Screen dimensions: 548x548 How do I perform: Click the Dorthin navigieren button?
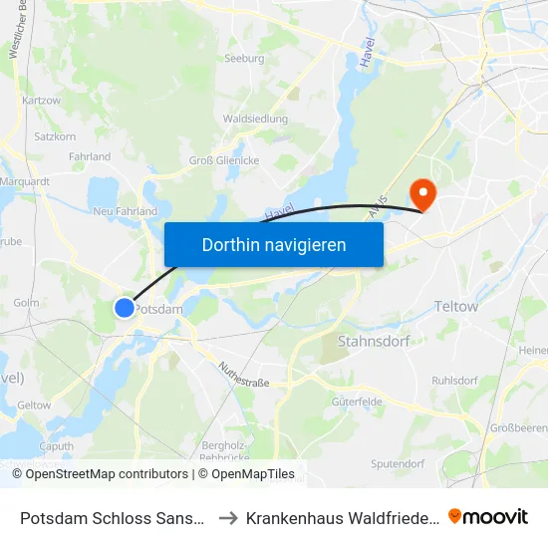[274, 244]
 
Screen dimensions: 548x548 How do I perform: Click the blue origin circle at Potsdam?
[124, 308]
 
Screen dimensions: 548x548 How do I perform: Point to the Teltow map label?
[456, 307]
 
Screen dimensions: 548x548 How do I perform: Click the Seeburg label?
[244, 59]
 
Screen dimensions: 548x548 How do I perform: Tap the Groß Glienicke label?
[224, 160]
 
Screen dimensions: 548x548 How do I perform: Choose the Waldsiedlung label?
[256, 119]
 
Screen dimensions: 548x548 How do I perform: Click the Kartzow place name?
[41, 101]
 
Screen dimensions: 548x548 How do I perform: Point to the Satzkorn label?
[55, 137]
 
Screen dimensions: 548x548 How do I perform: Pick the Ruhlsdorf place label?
[455, 381]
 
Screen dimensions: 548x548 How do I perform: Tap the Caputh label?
[56, 446]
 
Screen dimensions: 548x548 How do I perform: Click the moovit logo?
[488, 516]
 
